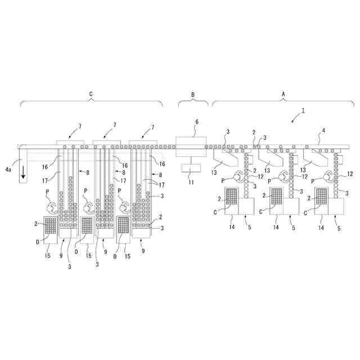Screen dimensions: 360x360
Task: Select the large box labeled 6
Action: [x=191, y=146]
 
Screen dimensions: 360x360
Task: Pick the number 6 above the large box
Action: [x=196, y=121]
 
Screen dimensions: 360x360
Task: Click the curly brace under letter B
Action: [x=193, y=102]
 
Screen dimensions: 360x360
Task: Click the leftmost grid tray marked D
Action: [x=51, y=225]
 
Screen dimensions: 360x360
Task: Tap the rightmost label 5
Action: [x=339, y=228]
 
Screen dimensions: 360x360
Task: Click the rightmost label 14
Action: [x=321, y=228]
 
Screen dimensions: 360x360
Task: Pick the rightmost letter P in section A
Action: [x=316, y=179]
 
